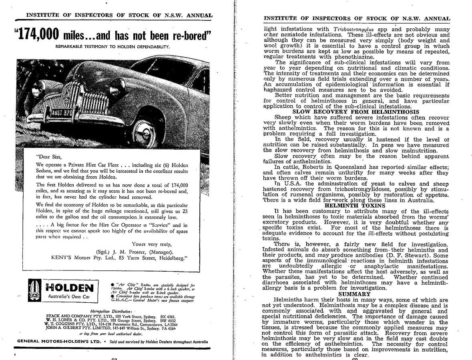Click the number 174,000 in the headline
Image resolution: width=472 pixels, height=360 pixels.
pos(39,35)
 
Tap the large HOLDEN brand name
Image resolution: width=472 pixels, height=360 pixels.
pos(69,288)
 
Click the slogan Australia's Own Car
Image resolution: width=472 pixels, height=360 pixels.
pos(69,297)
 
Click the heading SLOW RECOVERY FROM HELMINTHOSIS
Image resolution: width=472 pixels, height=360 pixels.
pos(356,112)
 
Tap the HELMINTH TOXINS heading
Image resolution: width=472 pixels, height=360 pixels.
pos(356,206)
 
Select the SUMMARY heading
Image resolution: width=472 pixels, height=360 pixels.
pos(357,294)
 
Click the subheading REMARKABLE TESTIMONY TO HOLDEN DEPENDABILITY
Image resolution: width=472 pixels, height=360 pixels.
pos(113,46)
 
